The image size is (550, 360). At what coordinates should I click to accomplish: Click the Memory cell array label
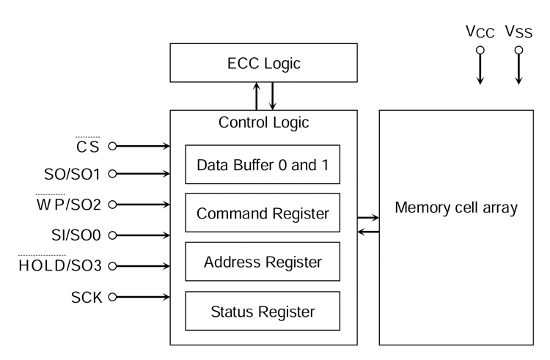456,207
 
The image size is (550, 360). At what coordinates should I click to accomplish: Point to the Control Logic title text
263,122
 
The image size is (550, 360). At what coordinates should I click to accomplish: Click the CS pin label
88,147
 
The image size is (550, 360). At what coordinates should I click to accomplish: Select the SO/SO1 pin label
73,175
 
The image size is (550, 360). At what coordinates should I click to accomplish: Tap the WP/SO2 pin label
69,205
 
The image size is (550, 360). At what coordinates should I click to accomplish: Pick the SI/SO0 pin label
76,235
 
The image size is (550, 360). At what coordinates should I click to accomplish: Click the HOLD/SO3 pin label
60,265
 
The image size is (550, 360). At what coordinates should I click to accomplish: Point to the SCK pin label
87,298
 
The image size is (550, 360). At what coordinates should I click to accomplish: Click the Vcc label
480,32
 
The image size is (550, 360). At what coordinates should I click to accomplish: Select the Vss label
518,32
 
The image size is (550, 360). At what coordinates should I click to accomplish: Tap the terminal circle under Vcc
480,51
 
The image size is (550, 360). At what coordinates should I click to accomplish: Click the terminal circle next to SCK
112,297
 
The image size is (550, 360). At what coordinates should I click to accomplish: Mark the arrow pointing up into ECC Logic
257,96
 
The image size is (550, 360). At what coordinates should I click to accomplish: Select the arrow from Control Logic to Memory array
368,218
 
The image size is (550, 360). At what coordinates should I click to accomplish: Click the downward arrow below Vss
518,70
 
